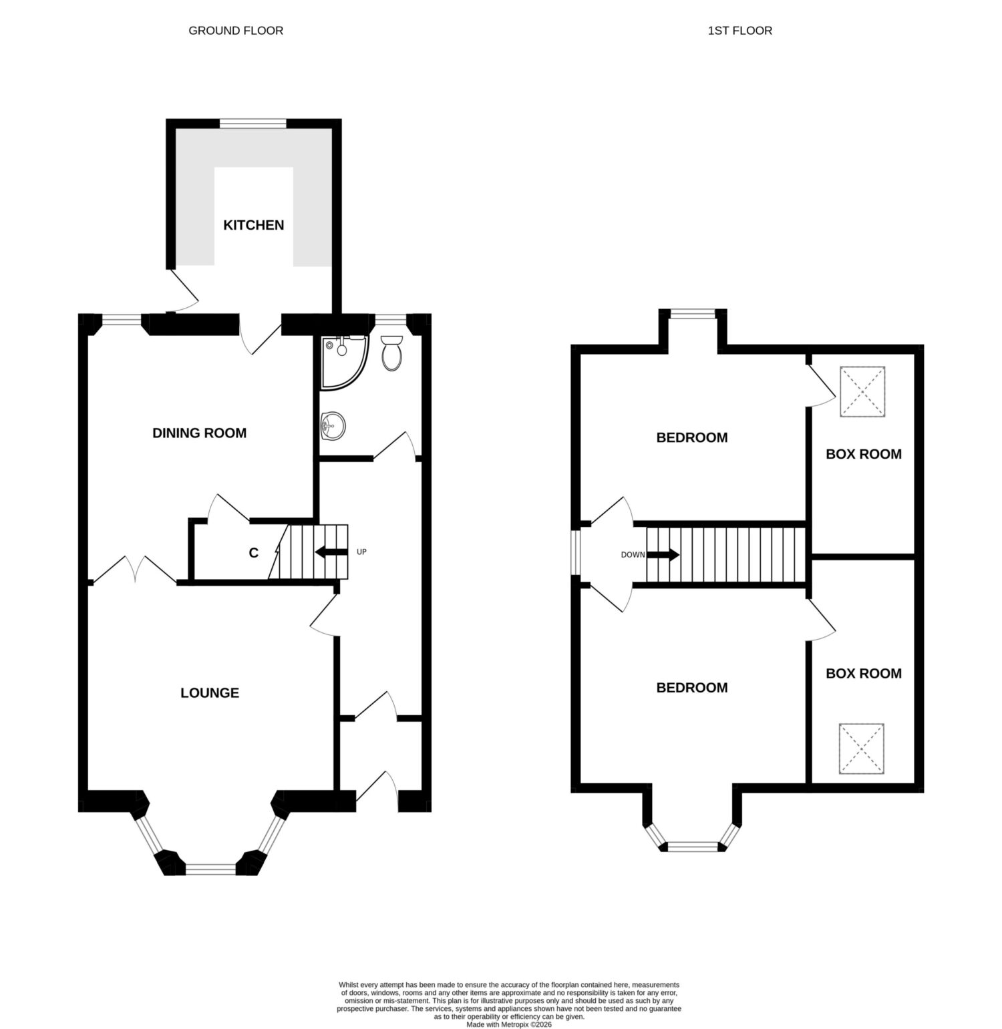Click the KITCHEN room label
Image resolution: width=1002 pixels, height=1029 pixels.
253,225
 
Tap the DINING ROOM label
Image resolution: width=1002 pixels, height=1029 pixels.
199,433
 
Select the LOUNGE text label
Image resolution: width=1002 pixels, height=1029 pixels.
210,693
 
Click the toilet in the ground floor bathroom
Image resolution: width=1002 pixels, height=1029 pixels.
391,353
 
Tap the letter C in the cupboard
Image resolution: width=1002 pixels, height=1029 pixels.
254,553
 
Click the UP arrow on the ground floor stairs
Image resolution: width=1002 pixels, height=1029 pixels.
331,552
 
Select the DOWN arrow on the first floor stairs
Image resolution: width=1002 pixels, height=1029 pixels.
663,555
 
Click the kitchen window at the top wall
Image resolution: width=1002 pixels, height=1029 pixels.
253,123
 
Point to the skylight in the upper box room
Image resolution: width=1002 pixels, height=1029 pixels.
862,391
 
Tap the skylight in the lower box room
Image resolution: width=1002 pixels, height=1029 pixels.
862,749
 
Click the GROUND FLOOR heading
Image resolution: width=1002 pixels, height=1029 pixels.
236,31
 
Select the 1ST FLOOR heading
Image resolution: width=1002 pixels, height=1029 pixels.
740,31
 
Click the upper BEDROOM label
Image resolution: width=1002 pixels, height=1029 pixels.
692,438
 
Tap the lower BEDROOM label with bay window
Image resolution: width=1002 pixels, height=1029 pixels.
692,688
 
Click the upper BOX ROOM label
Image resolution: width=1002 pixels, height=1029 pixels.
864,454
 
